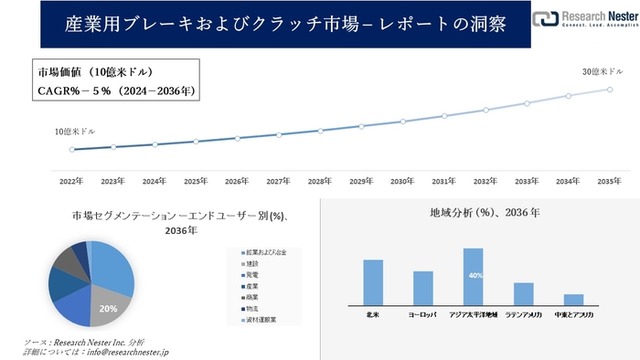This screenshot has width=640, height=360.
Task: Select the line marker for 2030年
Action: point(402,122)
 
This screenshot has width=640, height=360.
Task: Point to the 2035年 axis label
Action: point(609,182)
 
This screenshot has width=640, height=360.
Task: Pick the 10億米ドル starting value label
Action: point(75,132)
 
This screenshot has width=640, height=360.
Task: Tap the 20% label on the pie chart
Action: point(109,309)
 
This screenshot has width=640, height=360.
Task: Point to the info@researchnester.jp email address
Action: point(124,352)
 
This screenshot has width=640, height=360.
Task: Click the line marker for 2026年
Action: point(237,138)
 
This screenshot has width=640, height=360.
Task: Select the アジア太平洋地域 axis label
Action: point(473,314)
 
